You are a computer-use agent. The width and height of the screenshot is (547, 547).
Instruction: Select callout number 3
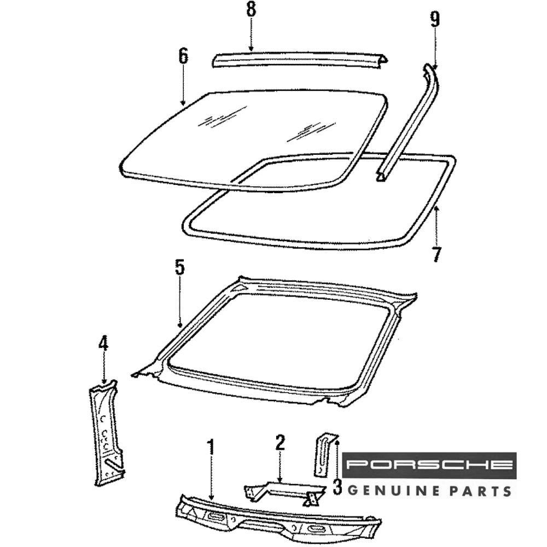pos(337,486)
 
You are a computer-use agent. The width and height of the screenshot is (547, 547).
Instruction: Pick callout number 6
pos(183,56)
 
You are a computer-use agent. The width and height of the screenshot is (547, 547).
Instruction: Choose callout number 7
pos(436,255)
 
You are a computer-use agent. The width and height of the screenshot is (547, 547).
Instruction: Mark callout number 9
pos(435,20)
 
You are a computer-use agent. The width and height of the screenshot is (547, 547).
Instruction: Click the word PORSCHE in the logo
pos(429,465)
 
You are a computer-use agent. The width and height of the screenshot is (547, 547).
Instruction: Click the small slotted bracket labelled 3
pos(322,454)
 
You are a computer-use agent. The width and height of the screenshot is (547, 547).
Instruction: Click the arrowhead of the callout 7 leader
pos(436,208)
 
